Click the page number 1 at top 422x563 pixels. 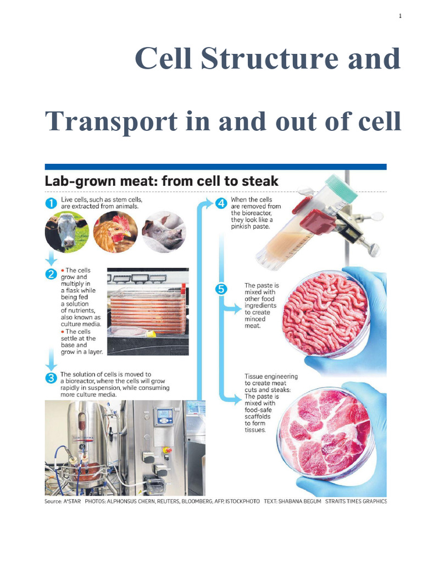[x=401, y=16]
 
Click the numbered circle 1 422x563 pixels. [x=50, y=203]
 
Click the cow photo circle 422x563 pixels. [x=66, y=231]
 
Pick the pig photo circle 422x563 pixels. [x=163, y=231]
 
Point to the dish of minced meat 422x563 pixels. [x=324, y=312]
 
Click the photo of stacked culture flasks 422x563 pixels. [x=147, y=311]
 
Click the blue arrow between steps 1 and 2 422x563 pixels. [x=50, y=257]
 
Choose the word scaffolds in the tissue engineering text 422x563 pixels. [x=260, y=417]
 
